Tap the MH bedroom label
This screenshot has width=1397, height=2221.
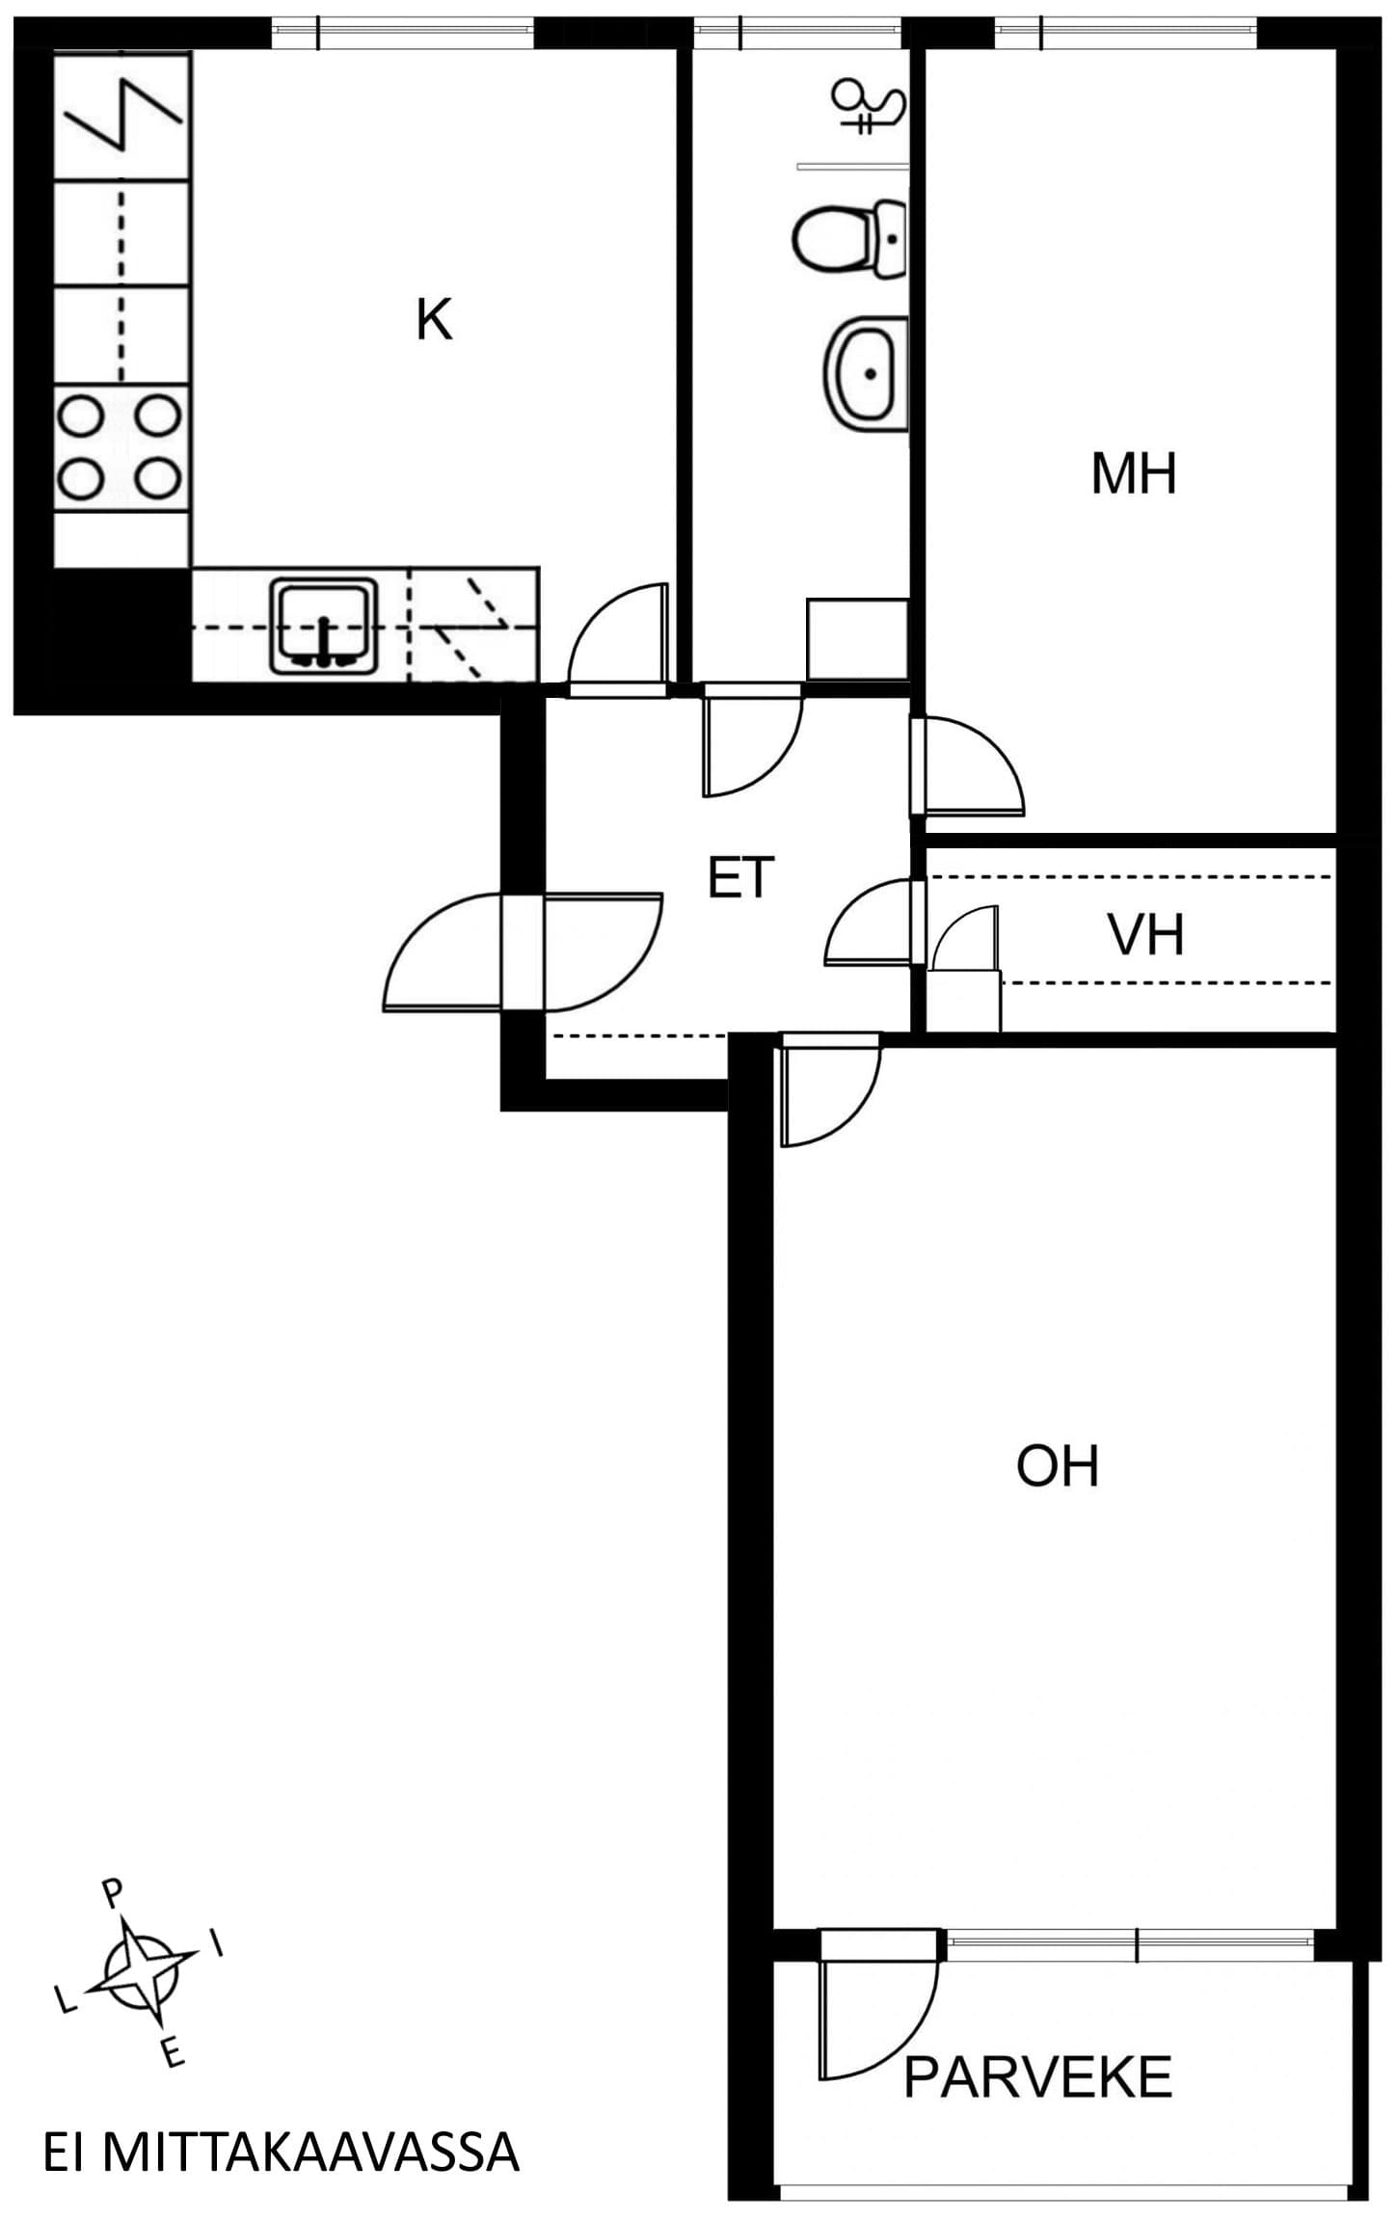[x=1134, y=474]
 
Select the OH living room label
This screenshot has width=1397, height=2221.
[x=1058, y=1465]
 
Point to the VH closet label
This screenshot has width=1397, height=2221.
[x=1145, y=935]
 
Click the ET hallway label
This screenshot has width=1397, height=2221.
[x=740, y=878]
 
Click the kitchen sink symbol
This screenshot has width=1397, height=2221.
[x=323, y=625]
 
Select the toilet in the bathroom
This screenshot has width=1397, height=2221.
[x=849, y=238]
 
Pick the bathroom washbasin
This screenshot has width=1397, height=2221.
[x=866, y=373]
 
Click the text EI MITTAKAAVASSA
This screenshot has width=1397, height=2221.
[x=282, y=2152]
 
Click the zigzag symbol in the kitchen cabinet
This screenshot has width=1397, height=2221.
[x=123, y=115]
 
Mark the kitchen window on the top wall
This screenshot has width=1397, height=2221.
[x=402, y=34]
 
